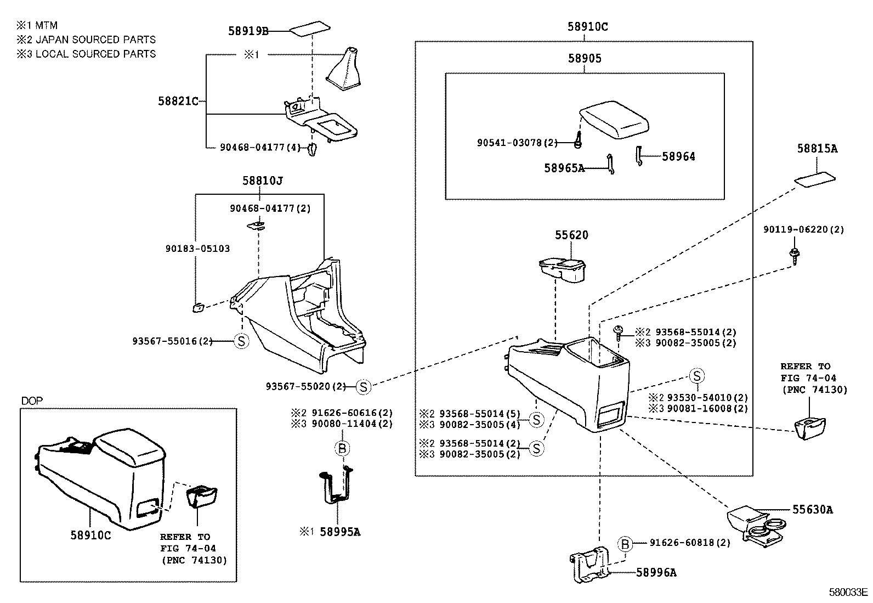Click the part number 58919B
[x=248, y=31]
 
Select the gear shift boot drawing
[x=343, y=69]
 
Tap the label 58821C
[x=179, y=101]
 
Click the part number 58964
[x=678, y=156]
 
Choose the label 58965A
[x=564, y=168]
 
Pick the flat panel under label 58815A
[x=814, y=179]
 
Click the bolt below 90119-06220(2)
[x=794, y=256]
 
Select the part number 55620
[x=571, y=235]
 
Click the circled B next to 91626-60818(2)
[x=625, y=543]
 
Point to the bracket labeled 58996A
[x=590, y=564]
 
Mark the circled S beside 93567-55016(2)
[x=241, y=341]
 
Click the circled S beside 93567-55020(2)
[x=363, y=387]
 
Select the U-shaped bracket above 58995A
[x=336, y=485]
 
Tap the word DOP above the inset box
[x=32, y=401]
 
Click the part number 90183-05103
[x=197, y=249]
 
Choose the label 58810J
[x=263, y=181]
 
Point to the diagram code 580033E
[x=848, y=592]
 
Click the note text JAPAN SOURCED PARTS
[x=95, y=40]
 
